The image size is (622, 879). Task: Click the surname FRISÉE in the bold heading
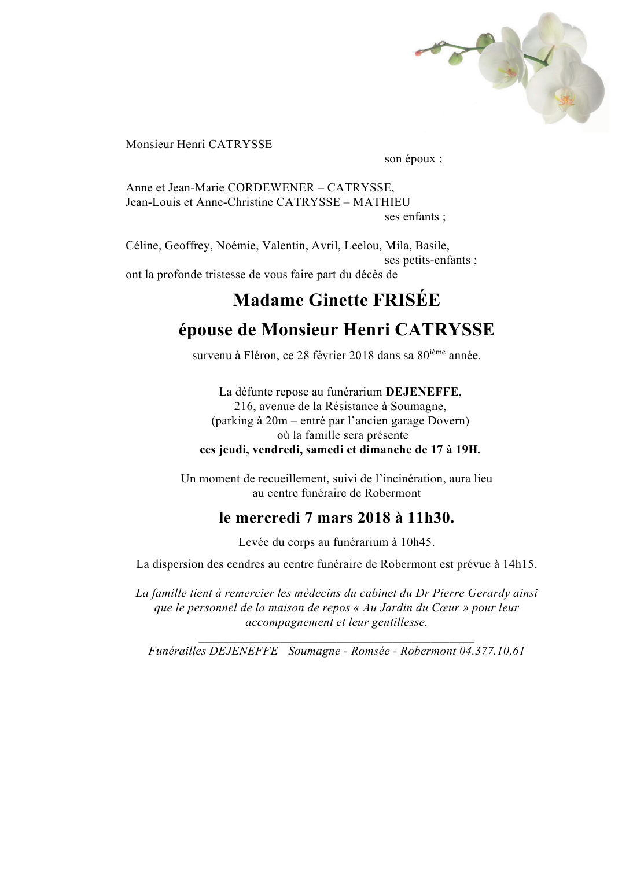406,300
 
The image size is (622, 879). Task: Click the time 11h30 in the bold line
430,518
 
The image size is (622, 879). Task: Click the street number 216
244,406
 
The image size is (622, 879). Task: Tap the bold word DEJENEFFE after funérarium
422,392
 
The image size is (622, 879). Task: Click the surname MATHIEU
381,202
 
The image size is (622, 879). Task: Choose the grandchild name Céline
142,245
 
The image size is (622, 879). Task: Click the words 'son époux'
410,159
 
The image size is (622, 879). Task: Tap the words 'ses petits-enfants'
428,260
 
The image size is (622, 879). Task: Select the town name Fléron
261,356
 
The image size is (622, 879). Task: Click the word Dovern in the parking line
446,420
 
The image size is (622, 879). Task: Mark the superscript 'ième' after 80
437,352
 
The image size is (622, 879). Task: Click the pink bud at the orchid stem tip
418,53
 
